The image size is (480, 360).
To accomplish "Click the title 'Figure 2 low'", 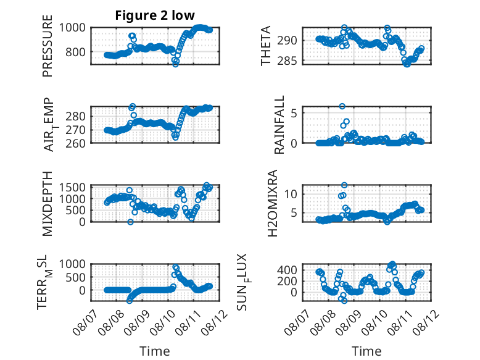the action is point(155,15).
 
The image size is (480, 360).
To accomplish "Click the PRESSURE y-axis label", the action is point(48,46).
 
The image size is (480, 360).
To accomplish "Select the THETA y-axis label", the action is point(266,46).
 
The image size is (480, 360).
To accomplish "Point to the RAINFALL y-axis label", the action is point(279,125).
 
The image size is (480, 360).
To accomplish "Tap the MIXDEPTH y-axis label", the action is point(48,204).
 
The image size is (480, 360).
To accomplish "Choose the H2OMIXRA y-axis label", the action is point(272,203).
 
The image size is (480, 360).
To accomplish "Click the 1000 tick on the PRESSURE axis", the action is point(72,28).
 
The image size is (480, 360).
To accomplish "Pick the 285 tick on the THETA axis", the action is point(287,61).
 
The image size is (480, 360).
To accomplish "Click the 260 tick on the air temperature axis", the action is point(76,143).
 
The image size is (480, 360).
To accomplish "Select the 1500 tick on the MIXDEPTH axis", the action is point(72,187).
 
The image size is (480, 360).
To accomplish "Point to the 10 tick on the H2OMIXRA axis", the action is point(291,194).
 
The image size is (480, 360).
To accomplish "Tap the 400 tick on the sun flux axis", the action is point(287,270).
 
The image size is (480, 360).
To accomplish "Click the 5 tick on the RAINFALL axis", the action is point(294,113).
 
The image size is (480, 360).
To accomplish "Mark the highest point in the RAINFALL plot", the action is point(342,106).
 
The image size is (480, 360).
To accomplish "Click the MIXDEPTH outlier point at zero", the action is point(130,222).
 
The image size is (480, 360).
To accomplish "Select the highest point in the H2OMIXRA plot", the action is point(344,185).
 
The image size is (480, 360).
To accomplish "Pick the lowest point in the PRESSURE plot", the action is point(175,64).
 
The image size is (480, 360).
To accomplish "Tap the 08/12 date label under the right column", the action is point(426,322).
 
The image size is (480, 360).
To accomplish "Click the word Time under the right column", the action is point(366,351).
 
